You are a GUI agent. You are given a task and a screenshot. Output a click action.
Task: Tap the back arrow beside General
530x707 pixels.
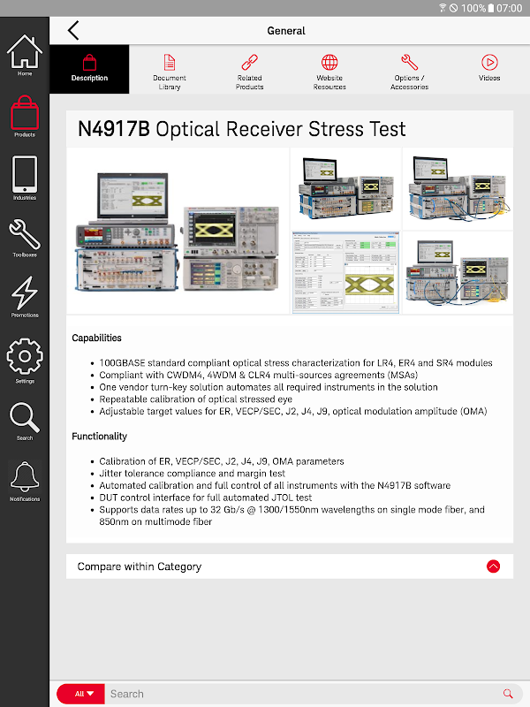tap(73, 30)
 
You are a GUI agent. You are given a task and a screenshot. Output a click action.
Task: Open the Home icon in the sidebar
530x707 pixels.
tap(25, 51)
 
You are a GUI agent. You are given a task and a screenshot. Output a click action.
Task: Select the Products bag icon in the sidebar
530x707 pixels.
tap(25, 113)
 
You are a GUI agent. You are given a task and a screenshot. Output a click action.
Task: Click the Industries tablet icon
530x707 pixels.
tap(25, 174)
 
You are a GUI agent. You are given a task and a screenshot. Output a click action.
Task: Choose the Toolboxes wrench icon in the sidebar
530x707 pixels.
tap(25, 234)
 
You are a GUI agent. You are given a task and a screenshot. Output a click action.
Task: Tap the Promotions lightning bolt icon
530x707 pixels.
tap(25, 293)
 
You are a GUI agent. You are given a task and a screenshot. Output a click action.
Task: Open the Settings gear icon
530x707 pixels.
tap(25, 356)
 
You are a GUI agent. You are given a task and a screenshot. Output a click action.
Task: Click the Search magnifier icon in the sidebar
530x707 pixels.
tap(25, 417)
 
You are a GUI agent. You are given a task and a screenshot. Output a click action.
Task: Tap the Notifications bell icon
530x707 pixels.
tap(25, 476)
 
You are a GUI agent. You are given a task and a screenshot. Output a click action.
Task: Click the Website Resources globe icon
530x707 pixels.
tap(329, 62)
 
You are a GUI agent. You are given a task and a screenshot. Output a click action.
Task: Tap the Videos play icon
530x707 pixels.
tap(489, 62)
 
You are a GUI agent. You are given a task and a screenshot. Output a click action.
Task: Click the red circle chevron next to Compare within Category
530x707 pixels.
tap(494, 566)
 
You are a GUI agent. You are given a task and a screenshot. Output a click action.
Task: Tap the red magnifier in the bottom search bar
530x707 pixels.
tap(508, 694)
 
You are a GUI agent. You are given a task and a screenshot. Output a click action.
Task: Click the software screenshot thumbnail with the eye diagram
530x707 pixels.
tap(345, 272)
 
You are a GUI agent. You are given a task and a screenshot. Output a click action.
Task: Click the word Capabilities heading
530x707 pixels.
tap(96, 338)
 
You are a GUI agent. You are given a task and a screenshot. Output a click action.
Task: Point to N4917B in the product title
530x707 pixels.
tap(114, 129)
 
